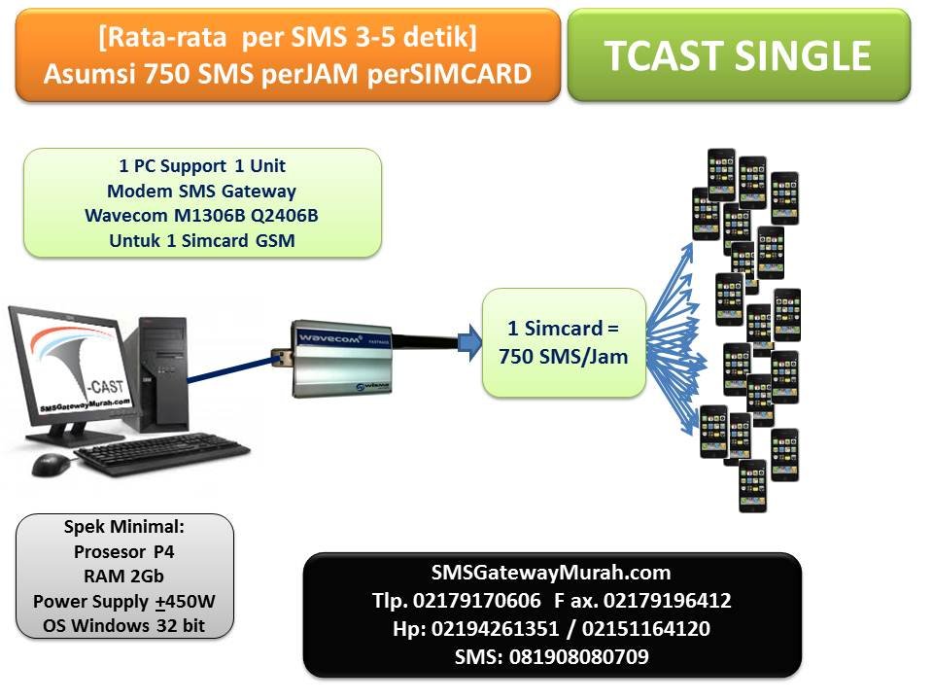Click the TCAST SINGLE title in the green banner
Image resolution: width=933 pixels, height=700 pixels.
click(x=738, y=55)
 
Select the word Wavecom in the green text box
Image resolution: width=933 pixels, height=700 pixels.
click(x=126, y=216)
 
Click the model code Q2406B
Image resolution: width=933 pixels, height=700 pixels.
click(x=285, y=216)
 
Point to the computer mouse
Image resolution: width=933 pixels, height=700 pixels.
click(x=50, y=465)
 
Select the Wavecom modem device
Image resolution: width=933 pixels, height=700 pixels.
click(x=342, y=359)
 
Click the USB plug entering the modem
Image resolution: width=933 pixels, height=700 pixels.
click(x=281, y=357)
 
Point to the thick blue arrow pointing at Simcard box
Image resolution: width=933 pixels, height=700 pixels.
click(x=470, y=343)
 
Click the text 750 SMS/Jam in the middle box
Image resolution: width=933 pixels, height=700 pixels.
click(x=564, y=357)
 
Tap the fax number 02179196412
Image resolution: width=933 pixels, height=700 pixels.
click(x=667, y=601)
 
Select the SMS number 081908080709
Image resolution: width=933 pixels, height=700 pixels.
click(x=579, y=656)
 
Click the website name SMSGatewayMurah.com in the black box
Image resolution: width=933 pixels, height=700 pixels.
click(x=551, y=573)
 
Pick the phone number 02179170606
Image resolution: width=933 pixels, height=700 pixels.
click(x=477, y=601)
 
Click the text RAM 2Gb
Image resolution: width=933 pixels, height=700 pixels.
click(x=123, y=577)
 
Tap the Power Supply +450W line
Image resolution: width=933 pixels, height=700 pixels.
click(x=123, y=601)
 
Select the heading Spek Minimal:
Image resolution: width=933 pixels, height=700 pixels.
click(x=123, y=527)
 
